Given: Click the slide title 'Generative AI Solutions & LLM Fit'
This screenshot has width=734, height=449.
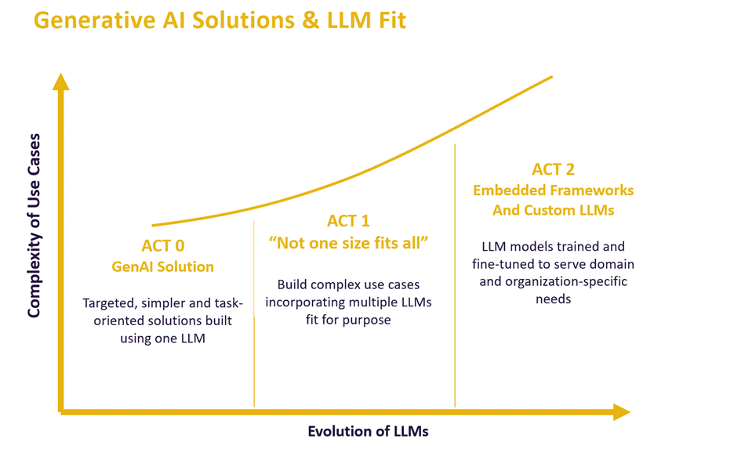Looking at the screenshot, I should click(220, 20).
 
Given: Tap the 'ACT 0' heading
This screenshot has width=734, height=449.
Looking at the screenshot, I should click(163, 246).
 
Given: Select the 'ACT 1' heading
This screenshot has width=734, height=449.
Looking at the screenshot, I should click(349, 221).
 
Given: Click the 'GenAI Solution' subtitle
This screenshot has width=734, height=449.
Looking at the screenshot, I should click(163, 266).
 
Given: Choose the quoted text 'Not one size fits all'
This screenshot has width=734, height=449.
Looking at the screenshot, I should click(349, 242).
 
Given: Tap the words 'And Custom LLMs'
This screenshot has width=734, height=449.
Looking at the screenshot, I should click(553, 210).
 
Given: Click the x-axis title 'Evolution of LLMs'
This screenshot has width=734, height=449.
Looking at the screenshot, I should click(368, 432).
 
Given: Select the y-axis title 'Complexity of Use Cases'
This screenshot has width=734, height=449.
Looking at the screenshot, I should click(34, 226).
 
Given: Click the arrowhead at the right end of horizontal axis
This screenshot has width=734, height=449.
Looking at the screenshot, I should click(621, 412).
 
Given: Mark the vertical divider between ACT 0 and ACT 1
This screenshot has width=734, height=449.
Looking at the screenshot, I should click(254, 313).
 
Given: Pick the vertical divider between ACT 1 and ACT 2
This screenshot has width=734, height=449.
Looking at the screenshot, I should click(455, 274).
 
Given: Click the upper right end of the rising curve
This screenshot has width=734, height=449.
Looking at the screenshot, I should click(551, 77).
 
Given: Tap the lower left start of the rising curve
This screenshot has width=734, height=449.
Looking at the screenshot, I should click(154, 226).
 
